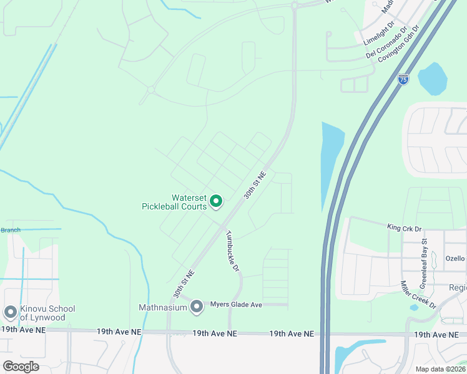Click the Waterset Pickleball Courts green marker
pos(216,201)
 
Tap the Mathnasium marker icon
pos(197,306)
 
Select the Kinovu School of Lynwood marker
pos(10,312)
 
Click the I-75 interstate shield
pos(403,79)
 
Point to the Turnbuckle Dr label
pos(233,251)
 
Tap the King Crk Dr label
pos(405,228)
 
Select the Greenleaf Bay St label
pos(423,256)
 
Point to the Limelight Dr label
pos(379,34)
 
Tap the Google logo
pos(21,366)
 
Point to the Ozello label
pos(455,258)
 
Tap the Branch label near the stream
pos(10,230)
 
